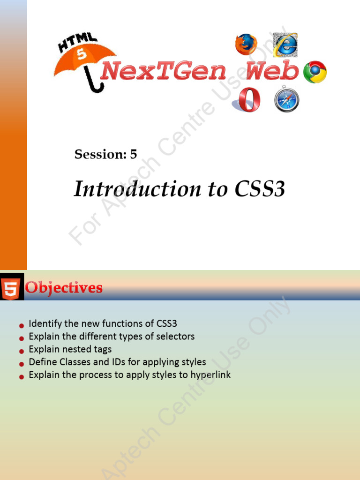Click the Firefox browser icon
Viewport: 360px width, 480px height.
point(246,45)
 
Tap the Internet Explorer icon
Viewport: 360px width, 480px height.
point(285,45)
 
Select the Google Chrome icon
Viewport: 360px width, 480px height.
point(315,72)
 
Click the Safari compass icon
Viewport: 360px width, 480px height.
point(286,99)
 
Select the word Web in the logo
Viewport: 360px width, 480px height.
point(272,72)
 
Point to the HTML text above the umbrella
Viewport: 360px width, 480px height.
point(77,42)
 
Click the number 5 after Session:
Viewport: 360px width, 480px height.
point(134,154)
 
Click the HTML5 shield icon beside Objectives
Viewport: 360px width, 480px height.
point(10,288)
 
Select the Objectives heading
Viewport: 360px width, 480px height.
point(64,287)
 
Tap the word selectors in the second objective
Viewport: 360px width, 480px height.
point(177,337)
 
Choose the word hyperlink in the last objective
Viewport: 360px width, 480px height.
point(210,375)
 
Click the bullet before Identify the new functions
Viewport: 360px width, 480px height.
point(21,325)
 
